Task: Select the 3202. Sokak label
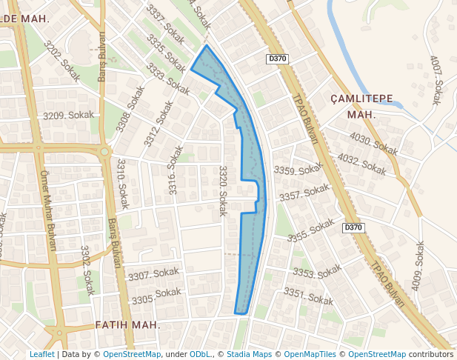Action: coord(61,60)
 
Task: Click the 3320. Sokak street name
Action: coord(221,191)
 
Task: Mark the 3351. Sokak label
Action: coord(308,297)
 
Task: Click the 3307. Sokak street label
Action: coord(154,275)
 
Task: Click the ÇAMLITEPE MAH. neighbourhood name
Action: coord(361,107)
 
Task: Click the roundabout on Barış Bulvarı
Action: coord(104,152)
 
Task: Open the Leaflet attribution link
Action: coord(41,354)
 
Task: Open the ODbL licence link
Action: coord(200,354)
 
